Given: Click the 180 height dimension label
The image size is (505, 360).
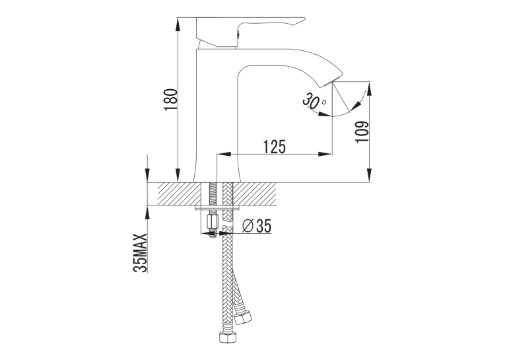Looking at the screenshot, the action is pos(171,100).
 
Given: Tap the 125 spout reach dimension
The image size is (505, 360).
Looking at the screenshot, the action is pos(275,147).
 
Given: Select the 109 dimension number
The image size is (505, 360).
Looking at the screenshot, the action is pos(362,132).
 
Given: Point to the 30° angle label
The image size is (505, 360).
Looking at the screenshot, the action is pos(314,100).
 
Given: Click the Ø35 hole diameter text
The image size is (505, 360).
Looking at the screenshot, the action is pos(257,226).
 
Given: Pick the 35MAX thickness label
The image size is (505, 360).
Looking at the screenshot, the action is pos(140,253).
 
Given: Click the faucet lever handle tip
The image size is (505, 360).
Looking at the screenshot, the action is pos(304,18).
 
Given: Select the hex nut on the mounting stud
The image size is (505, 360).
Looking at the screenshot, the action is pos(212,221).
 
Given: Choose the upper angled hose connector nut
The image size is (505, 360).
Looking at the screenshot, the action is pos(242,318).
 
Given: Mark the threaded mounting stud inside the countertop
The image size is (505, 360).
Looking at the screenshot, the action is pos(213,194).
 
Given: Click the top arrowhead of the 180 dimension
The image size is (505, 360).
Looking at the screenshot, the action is pos(178,24).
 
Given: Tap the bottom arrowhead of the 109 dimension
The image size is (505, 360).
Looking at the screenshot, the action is pos(370,175).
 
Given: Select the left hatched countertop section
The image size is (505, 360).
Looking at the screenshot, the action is pos(180,194).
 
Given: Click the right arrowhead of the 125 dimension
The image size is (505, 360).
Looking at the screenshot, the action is pos(325,154).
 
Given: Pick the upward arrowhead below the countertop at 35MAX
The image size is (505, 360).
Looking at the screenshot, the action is pos(148,213).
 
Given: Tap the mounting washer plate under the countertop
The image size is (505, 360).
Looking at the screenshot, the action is pos(217,208).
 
